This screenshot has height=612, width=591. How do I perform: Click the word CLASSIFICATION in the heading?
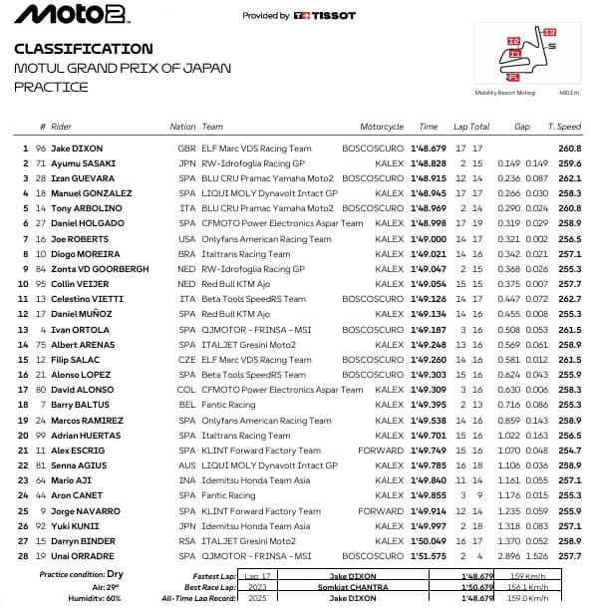click(84, 49)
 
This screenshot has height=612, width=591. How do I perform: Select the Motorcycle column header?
click(382, 127)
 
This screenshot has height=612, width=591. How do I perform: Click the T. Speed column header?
click(564, 127)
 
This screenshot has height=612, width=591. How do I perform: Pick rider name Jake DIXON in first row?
click(77, 149)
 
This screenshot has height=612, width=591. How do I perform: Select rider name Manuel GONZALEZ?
click(89, 193)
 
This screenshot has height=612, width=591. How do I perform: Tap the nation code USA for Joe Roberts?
click(186, 239)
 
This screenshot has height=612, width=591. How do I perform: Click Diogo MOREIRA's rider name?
click(85, 254)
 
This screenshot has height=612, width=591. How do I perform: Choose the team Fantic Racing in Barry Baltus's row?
click(228, 405)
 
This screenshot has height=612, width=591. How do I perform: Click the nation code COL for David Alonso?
click(186, 390)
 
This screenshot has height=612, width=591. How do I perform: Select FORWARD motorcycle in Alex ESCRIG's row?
click(382, 451)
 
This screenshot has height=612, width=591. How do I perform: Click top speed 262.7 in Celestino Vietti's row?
click(570, 299)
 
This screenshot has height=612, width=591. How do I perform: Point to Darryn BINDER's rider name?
click(83, 541)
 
